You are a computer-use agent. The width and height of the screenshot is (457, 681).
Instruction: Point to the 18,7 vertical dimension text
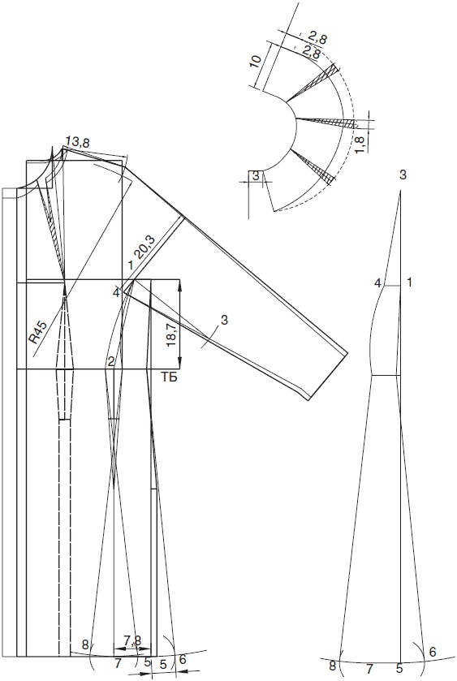[171, 334]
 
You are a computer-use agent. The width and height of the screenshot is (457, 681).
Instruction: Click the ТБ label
[170, 378]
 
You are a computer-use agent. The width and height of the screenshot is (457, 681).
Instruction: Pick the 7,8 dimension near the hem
[132, 640]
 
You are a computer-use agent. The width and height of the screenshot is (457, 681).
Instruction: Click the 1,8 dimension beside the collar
[360, 144]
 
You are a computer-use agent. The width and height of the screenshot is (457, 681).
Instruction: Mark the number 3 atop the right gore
[403, 175]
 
